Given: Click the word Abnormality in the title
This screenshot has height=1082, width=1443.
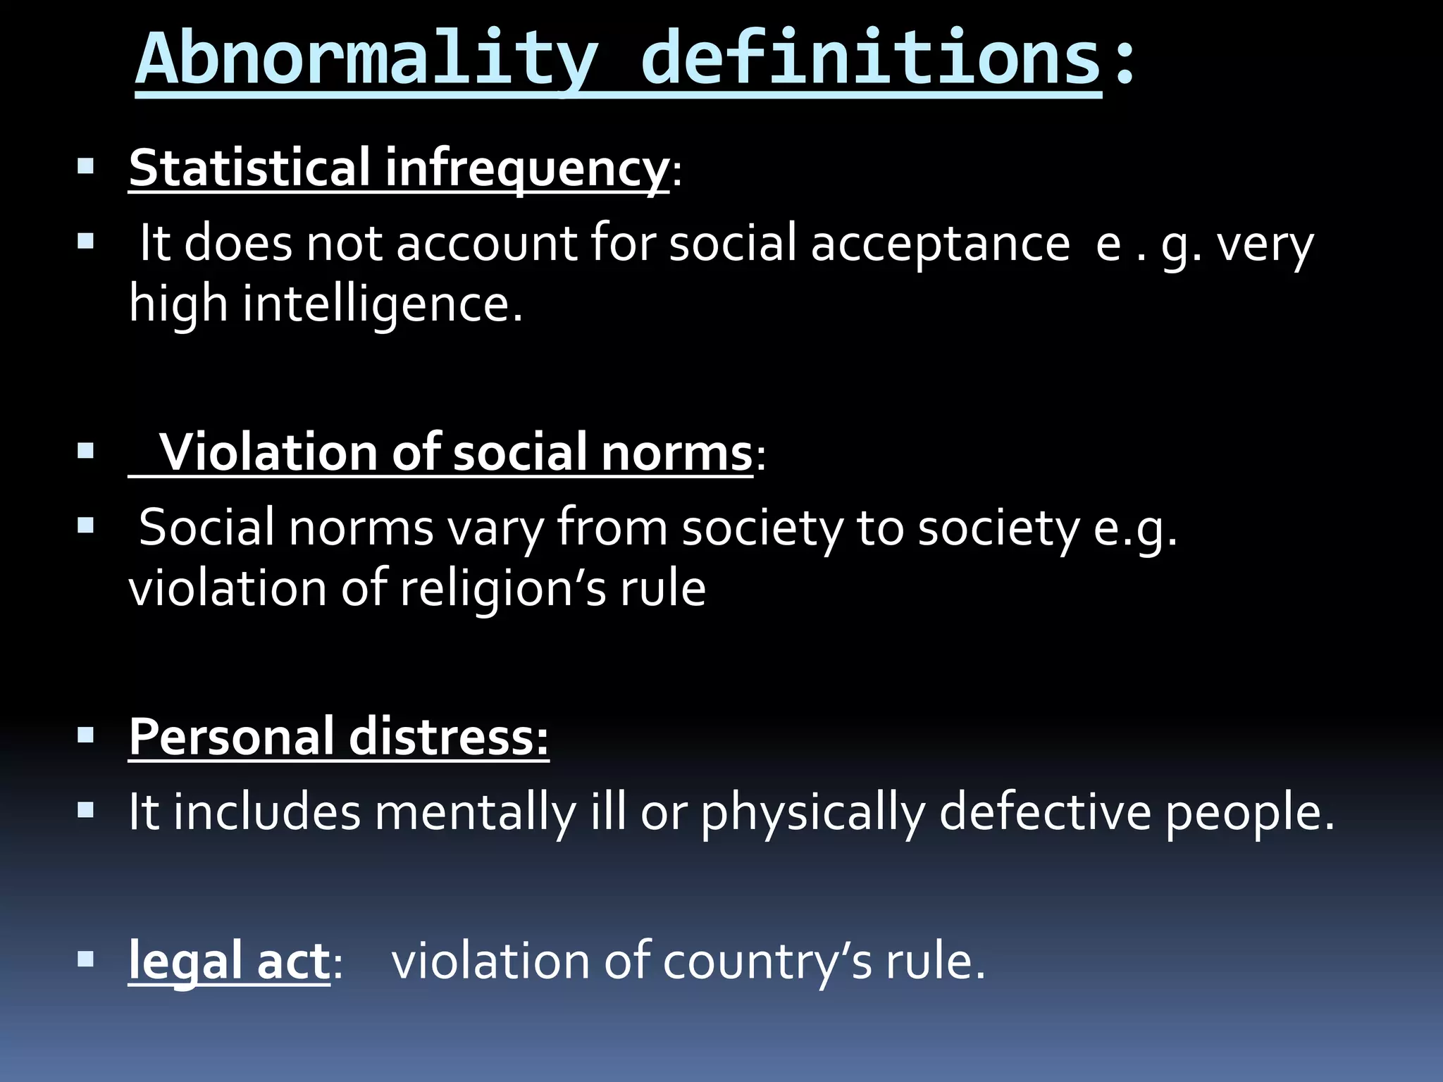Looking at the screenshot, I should click(x=366, y=60).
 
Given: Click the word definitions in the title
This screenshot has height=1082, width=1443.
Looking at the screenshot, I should click(x=871, y=60).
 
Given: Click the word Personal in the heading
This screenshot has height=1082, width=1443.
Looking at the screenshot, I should click(x=232, y=737).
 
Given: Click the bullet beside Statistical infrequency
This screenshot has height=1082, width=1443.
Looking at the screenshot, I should click(x=86, y=167).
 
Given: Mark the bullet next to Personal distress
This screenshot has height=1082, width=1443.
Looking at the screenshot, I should click(x=86, y=735).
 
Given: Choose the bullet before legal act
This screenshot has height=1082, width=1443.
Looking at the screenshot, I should click(x=86, y=959).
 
